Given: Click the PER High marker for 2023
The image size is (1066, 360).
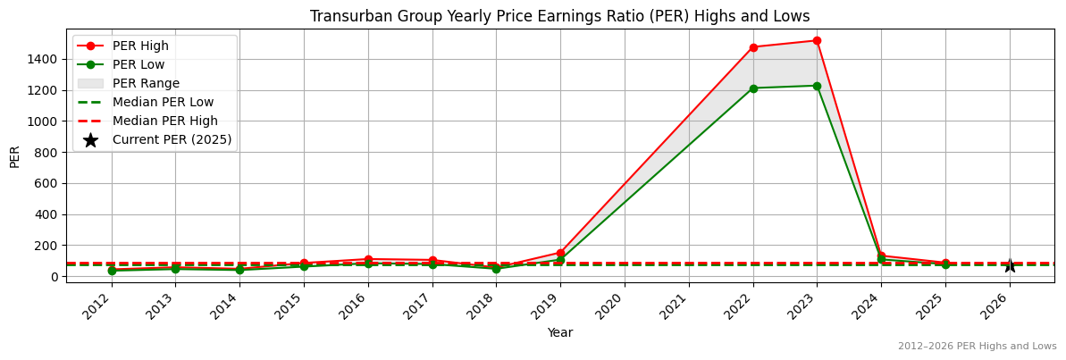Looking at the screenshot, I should click(817, 40).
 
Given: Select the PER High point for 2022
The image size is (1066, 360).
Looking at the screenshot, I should click(753, 47).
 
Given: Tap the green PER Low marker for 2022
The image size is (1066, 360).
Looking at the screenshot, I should click(753, 88).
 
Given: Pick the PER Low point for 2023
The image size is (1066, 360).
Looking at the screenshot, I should click(817, 86).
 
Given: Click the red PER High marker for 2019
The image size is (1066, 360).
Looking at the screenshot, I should click(560, 253).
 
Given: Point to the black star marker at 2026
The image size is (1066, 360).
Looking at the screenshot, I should click(1010, 265).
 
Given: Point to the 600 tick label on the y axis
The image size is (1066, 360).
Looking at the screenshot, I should click(48, 183).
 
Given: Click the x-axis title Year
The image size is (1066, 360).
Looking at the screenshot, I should click(560, 333).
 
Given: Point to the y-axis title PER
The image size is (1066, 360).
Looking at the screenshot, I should click(15, 155).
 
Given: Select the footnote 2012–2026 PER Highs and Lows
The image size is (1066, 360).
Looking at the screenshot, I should click(977, 347).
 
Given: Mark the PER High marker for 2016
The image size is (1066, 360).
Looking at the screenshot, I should click(368, 259).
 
